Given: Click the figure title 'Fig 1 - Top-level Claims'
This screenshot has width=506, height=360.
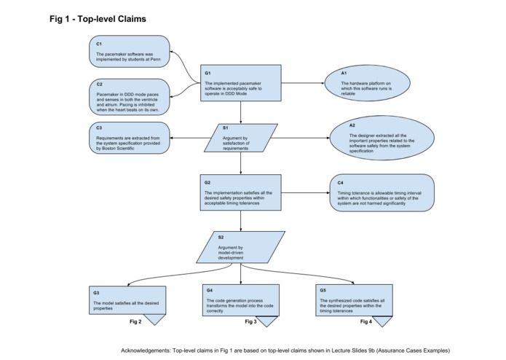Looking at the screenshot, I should click(98, 19).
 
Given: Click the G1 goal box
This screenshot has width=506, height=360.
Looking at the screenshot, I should click(241, 85).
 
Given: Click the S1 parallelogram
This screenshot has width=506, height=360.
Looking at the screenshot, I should click(241, 136).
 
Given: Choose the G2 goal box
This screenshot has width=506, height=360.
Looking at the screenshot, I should click(241, 192).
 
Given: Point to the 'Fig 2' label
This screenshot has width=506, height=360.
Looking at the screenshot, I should click(135, 321).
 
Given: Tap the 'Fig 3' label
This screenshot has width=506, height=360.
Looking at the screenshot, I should click(250, 321).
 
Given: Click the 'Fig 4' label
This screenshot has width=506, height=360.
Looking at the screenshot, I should click(365, 321).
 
